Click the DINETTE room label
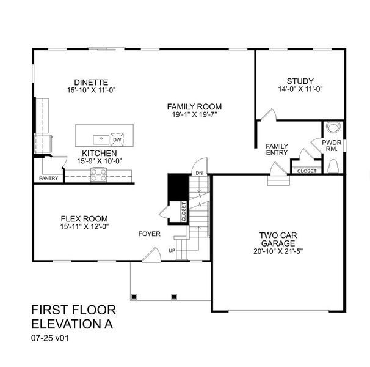point(91,83)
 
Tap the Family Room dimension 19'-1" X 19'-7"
point(194,115)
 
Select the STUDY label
point(300,81)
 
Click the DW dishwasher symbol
point(117,139)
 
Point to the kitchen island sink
point(101,139)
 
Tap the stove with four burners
point(99,175)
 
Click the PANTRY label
point(48,178)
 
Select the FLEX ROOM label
point(84,218)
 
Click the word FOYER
point(150,234)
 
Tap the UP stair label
point(172,250)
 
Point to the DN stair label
point(199,173)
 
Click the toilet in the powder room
point(333,166)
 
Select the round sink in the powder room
point(333,127)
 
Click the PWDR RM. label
point(332,146)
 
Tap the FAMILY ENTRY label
point(277,149)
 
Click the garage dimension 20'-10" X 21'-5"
point(278,251)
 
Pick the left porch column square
point(134,297)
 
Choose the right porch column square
point(174,297)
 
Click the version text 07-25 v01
point(50,338)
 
